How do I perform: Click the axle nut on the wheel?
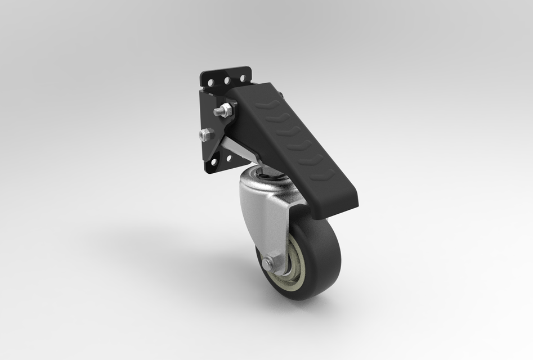tap(268, 262)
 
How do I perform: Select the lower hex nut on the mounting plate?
tap(205, 134)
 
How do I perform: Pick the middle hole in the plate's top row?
tap(227, 80)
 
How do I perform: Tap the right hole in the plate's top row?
tap(243, 78)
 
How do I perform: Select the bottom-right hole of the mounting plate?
tap(229, 159)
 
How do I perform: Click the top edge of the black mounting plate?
tap(225, 71)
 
